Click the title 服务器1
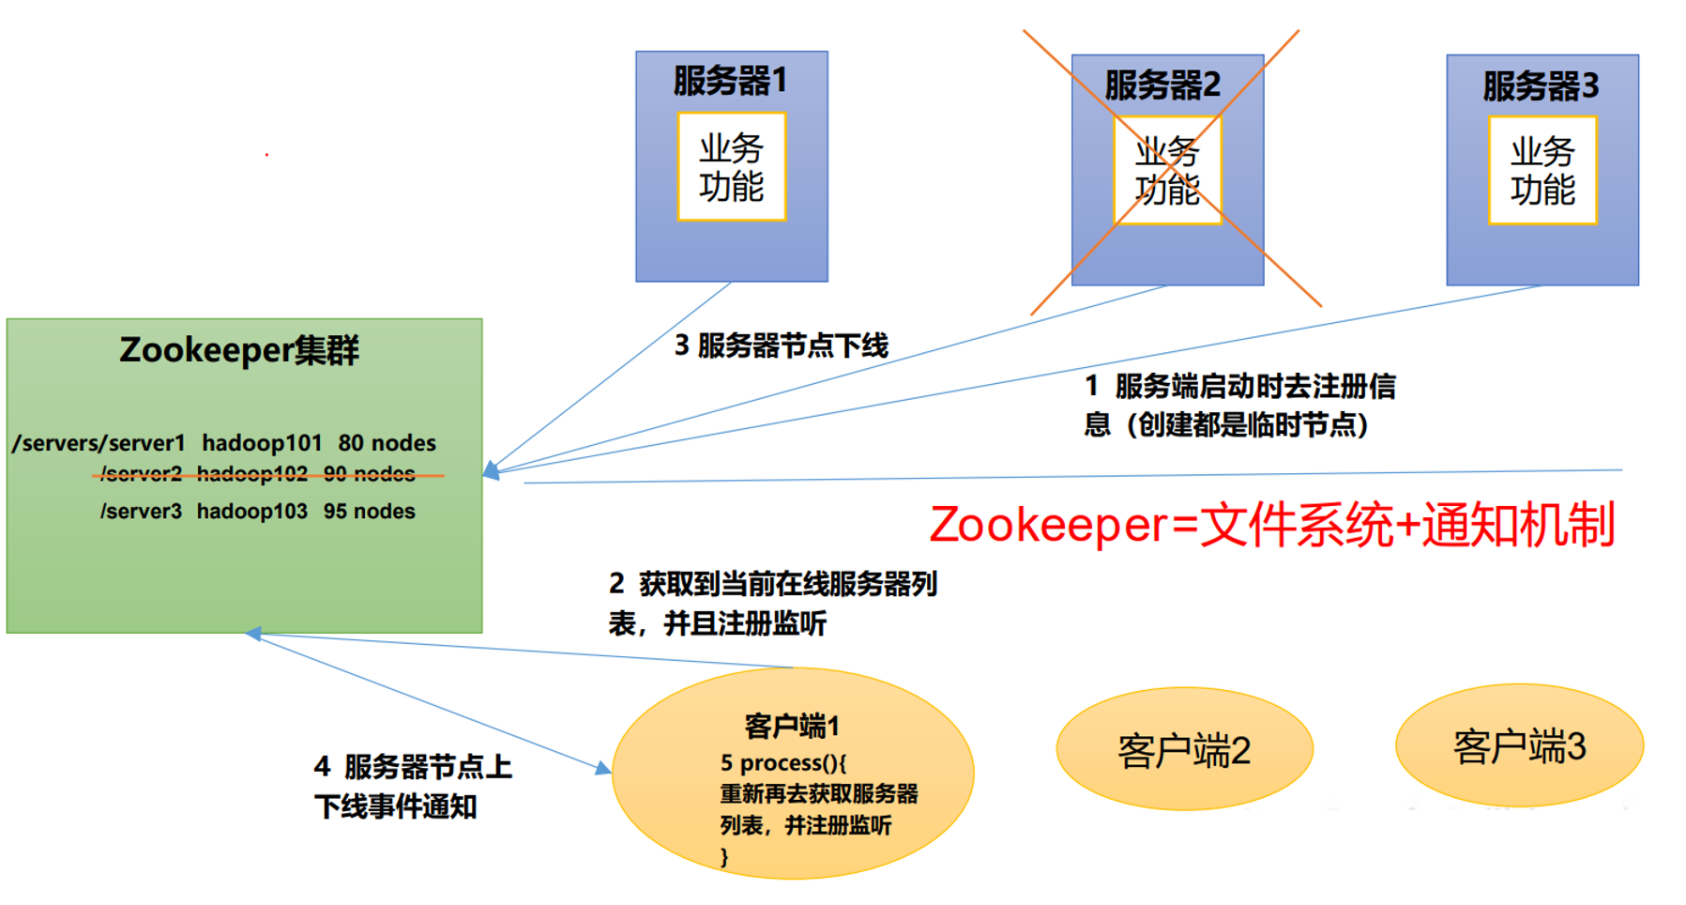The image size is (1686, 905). pyautogui.click(x=730, y=81)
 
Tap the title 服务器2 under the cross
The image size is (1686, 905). pyautogui.click(x=1162, y=85)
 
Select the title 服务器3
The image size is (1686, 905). pyautogui.click(x=1541, y=86)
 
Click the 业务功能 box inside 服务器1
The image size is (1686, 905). pyautogui.click(x=732, y=167)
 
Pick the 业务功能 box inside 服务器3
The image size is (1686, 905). pyautogui.click(x=1542, y=170)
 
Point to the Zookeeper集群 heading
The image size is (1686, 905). pyautogui.click(x=239, y=350)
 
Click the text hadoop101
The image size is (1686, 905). pyautogui.click(x=262, y=443)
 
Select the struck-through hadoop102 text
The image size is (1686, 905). pyautogui.click(x=251, y=474)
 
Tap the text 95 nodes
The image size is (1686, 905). pyautogui.click(x=370, y=512)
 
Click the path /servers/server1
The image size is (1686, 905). pyautogui.click(x=99, y=443)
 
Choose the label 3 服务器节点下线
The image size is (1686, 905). pyautogui.click(x=781, y=346)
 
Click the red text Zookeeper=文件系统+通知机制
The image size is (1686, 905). pyautogui.click(x=1271, y=525)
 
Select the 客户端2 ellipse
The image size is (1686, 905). pyautogui.click(x=1184, y=750)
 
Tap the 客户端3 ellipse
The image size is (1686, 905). pyautogui.click(x=1519, y=746)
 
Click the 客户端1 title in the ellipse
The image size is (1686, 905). pyautogui.click(x=791, y=726)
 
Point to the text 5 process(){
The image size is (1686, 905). pyautogui.click(x=782, y=762)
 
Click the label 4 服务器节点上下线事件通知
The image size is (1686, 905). pyautogui.click(x=413, y=787)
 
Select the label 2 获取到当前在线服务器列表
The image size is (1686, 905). pyautogui.click(x=772, y=603)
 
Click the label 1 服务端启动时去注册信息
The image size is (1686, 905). pyautogui.click(x=1239, y=406)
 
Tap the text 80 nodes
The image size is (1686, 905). pyautogui.click(x=387, y=443)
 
